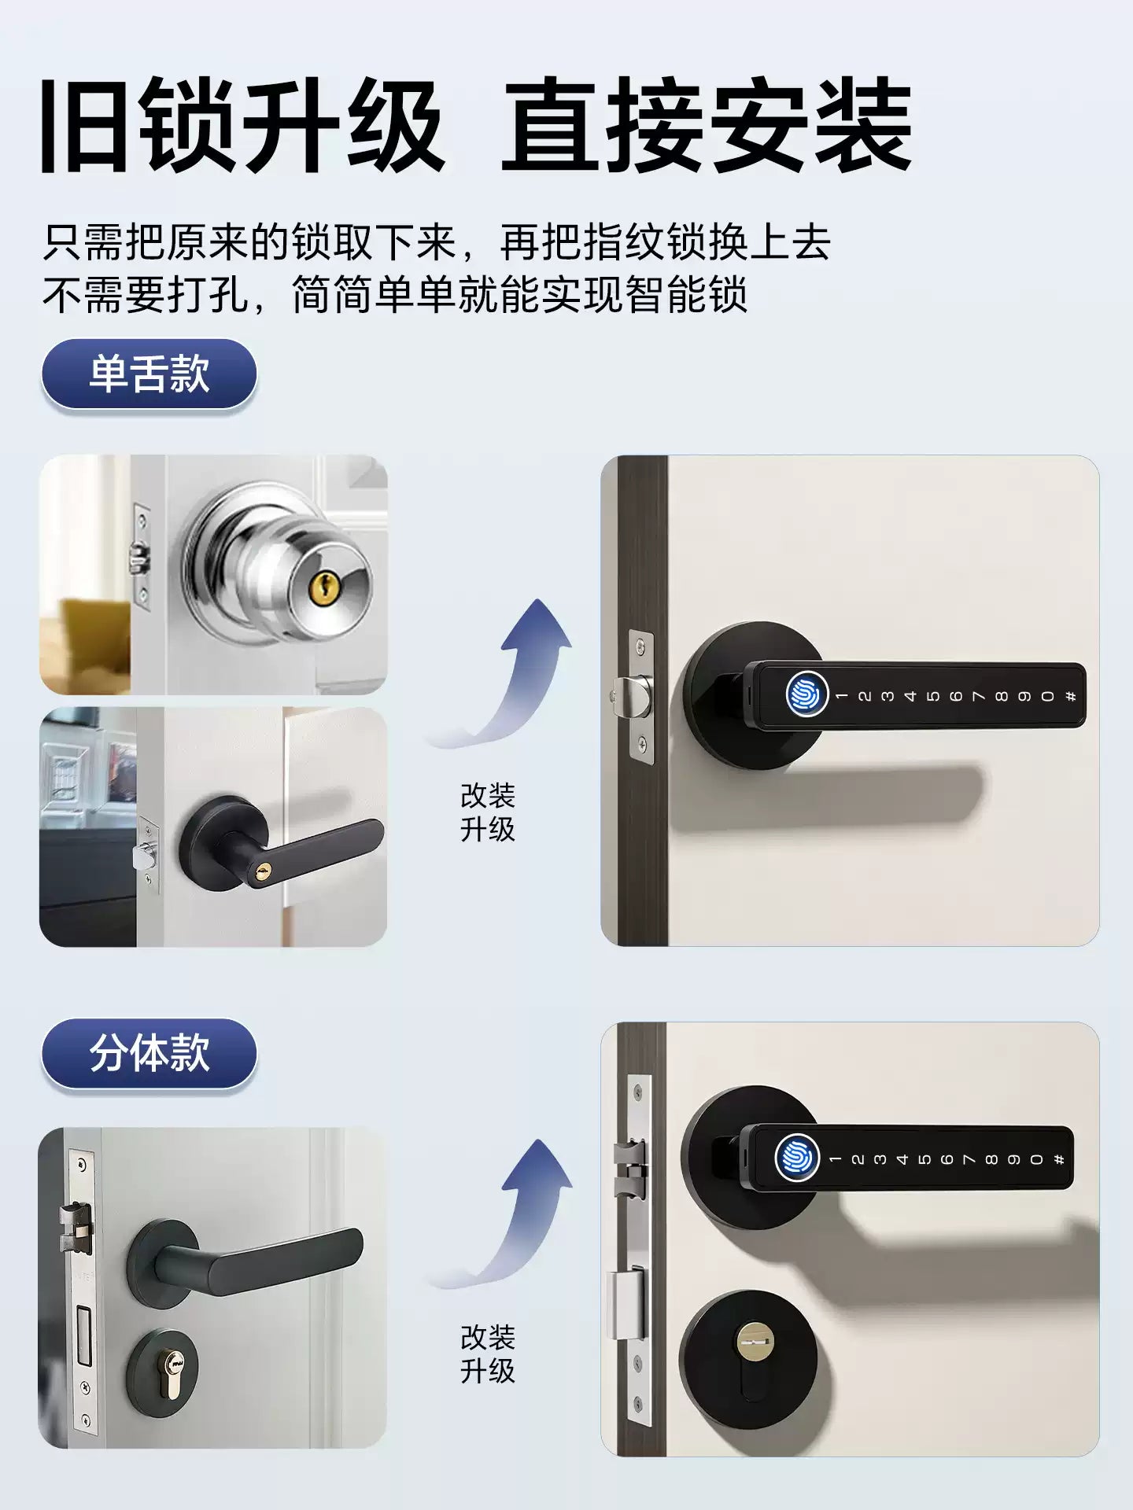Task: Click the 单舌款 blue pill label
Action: tap(149, 374)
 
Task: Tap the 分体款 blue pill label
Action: tap(149, 1053)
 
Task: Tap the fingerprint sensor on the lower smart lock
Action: tap(797, 1158)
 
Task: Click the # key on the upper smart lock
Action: tap(1071, 696)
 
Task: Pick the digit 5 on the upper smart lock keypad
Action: tap(934, 696)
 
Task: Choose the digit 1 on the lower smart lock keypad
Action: tap(836, 1159)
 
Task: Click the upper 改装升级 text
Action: tap(488, 812)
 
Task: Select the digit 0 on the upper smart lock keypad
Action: tap(1048, 696)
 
